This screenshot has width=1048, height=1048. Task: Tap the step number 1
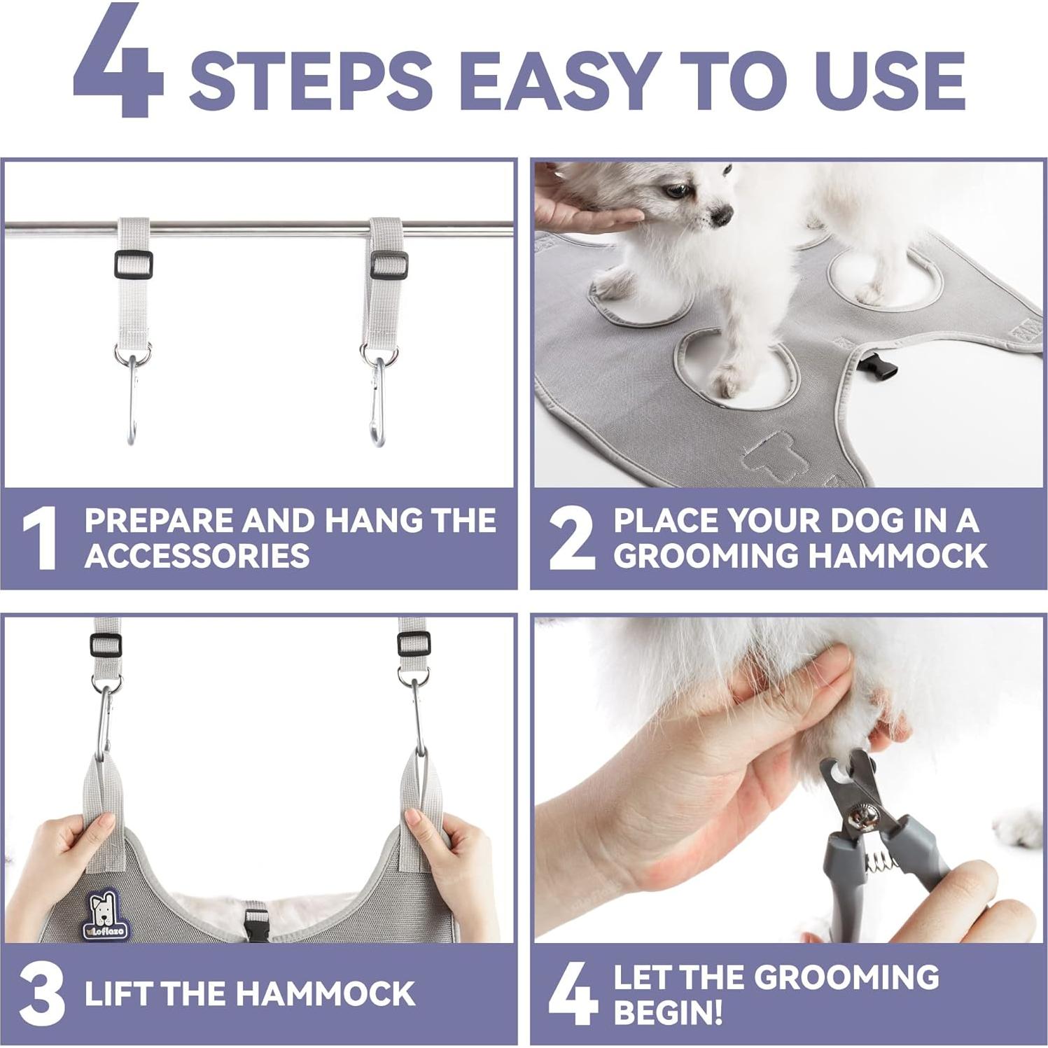(x=41, y=539)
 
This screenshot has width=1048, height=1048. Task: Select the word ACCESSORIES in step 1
(x=197, y=557)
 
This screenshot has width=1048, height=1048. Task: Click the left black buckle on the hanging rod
(x=133, y=265)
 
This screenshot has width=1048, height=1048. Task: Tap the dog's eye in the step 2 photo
(x=676, y=190)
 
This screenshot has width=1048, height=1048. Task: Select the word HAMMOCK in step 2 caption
(x=898, y=557)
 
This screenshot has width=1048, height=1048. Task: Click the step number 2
(x=572, y=539)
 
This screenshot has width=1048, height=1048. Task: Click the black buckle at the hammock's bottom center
(x=256, y=923)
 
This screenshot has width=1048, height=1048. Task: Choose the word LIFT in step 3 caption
(x=119, y=994)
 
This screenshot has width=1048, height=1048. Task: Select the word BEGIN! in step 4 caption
(x=668, y=1012)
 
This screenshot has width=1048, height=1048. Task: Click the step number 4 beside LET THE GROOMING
(x=572, y=995)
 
